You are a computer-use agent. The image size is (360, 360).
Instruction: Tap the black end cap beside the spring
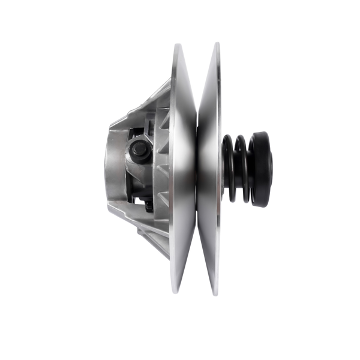coord(260,169)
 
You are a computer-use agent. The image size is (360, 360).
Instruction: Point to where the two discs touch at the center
coord(197,168)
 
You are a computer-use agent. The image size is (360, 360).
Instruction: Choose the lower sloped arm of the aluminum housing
coord(150,237)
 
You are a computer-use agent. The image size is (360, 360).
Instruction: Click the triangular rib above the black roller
coord(163,123)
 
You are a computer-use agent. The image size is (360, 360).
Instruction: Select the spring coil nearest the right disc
coord(227,168)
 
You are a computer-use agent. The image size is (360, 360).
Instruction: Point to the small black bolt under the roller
coord(148,205)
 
